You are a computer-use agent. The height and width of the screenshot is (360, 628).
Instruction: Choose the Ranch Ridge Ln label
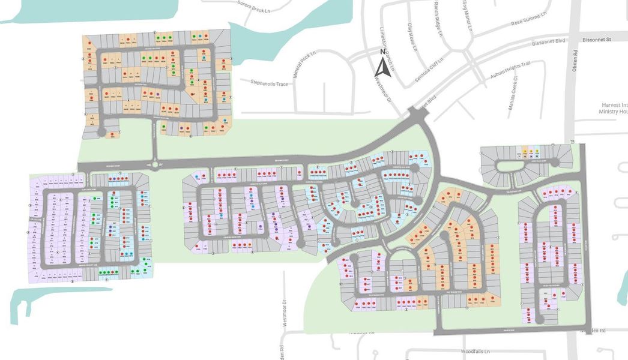(x=436, y=26)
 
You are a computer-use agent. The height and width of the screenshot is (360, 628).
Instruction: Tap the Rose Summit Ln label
(x=529, y=19)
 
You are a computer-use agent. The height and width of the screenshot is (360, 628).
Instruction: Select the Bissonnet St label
(x=596, y=40)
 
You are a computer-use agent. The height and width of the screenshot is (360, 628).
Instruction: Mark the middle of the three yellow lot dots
(x=531, y=151)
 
